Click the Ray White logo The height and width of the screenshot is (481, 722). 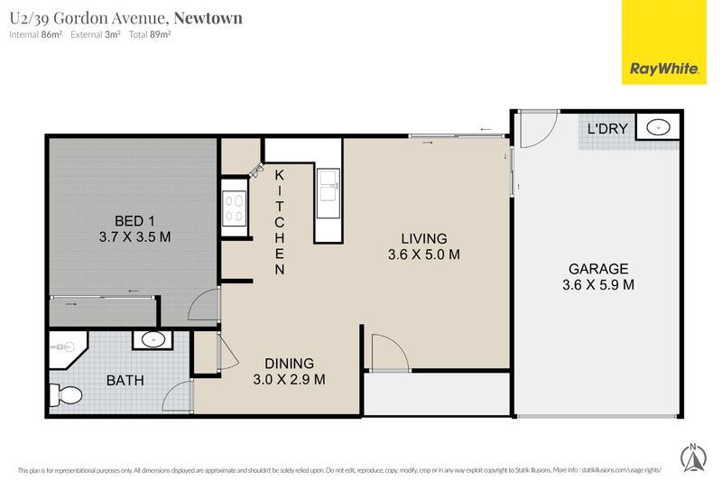tap(663, 42)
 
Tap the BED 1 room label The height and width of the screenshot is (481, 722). tap(128, 221)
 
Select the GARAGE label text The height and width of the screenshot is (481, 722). tap(598, 269)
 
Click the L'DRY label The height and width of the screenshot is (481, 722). tap(607, 128)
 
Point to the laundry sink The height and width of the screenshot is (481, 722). tap(658, 127)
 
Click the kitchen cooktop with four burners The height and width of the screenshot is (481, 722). tap(234, 208)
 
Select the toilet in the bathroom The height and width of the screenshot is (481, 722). tap(65, 395)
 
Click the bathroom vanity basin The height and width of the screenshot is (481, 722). tap(153, 340)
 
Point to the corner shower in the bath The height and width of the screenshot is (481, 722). tap(68, 349)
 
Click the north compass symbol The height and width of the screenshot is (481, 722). tap(693, 458)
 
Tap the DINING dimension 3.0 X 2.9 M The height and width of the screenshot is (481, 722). tap(289, 380)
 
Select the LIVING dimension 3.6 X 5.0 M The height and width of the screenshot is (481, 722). tap(423, 254)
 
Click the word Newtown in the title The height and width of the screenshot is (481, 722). tap(208, 18)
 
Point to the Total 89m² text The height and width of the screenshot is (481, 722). tap(150, 34)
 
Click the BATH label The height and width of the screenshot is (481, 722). tap(125, 381)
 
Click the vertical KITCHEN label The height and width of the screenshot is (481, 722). tap(280, 222)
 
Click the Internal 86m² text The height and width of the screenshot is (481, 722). tap(35, 34)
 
